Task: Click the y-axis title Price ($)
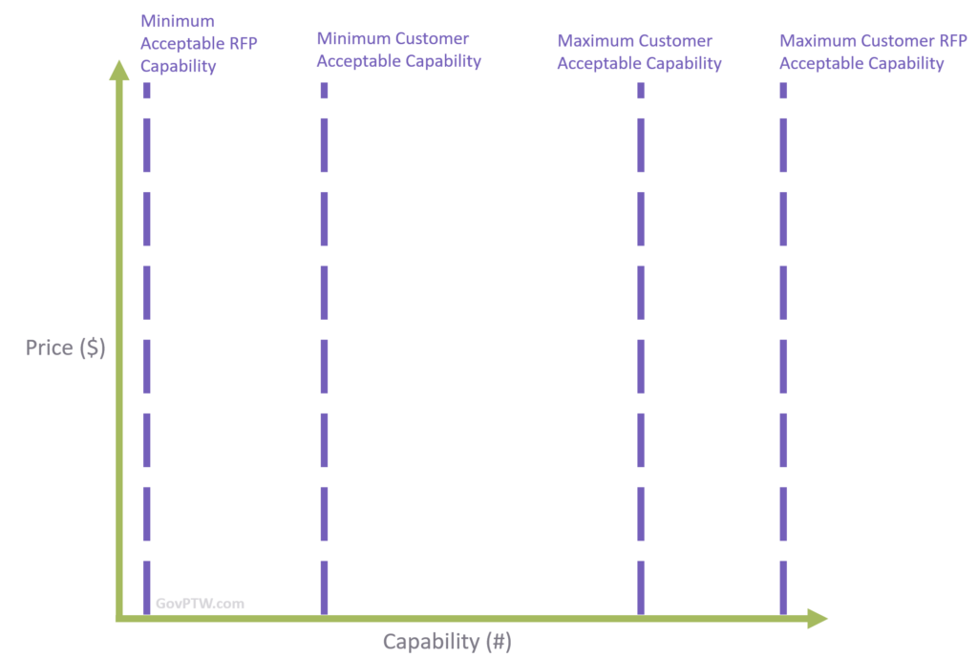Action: (65, 349)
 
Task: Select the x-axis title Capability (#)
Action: (447, 641)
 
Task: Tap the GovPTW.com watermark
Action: (200, 604)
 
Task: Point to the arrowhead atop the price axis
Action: (119, 69)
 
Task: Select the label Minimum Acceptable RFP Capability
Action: (199, 44)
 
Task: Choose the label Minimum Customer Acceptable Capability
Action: (398, 50)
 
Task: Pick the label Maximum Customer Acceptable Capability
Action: (639, 53)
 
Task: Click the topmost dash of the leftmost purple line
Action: (147, 90)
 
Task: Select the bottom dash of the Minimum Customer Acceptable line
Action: (324, 587)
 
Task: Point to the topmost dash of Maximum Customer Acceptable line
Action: (641, 90)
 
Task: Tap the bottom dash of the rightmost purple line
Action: (783, 587)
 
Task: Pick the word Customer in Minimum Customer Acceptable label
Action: (431, 39)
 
